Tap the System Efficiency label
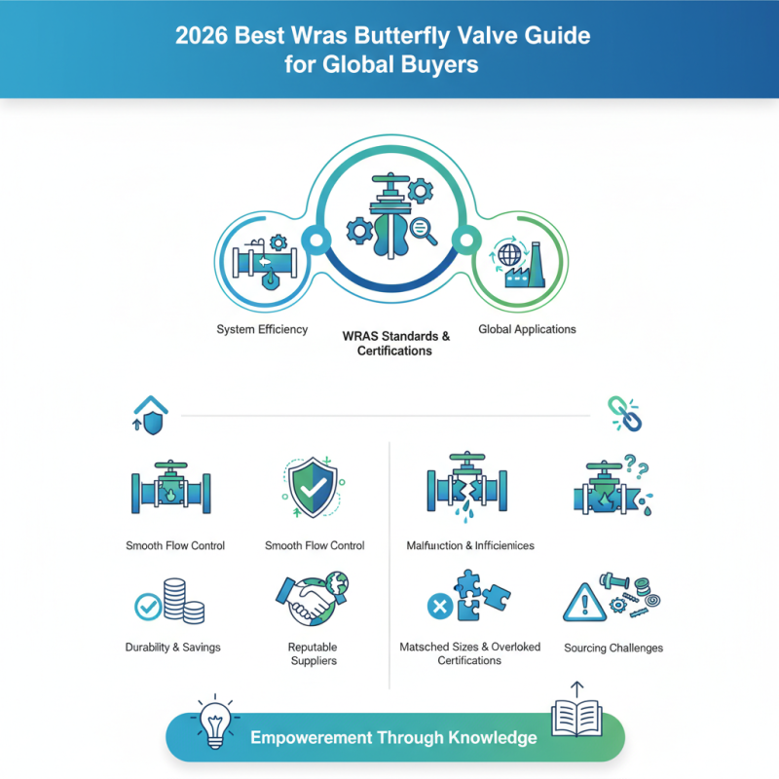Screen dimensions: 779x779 pyautogui.click(x=262, y=329)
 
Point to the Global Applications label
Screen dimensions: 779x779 pyautogui.click(x=527, y=329)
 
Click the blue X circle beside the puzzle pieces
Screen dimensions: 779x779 pyautogui.click(x=438, y=609)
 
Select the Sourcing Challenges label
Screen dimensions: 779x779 pyautogui.click(x=613, y=648)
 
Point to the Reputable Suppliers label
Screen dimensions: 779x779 pyautogui.click(x=313, y=653)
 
